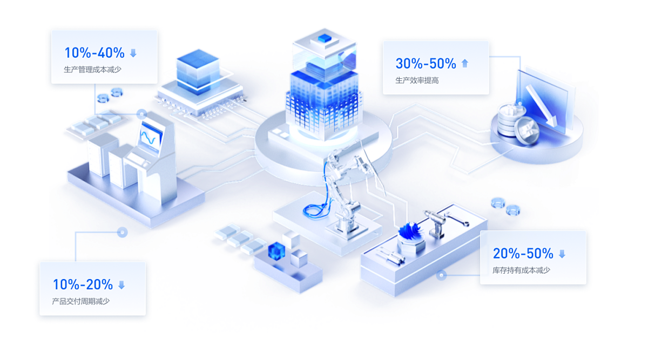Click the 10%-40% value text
pyautogui.click(x=94, y=53)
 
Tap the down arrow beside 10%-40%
pyautogui.click(x=133, y=53)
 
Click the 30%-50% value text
pyautogui.click(x=426, y=63)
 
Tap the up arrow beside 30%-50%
pyautogui.click(x=465, y=63)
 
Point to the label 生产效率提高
pyautogui.click(x=417, y=80)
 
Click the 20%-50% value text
pyautogui.click(x=523, y=253)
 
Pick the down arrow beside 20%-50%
pyautogui.click(x=562, y=254)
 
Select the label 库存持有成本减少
pyautogui.click(x=521, y=270)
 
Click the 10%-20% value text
pyautogui.click(x=83, y=284)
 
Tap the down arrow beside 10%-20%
pyautogui.click(x=122, y=284)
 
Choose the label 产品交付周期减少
pyautogui.click(x=80, y=301)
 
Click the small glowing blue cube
pyautogui.click(x=277, y=250)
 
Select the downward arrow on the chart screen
pyautogui.click(x=541, y=106)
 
